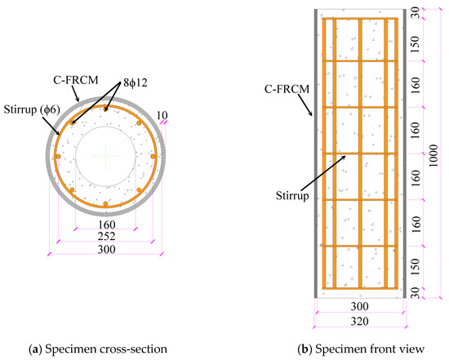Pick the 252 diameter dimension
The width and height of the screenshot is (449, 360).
(106, 235)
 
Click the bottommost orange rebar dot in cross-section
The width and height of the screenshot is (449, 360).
(106, 203)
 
